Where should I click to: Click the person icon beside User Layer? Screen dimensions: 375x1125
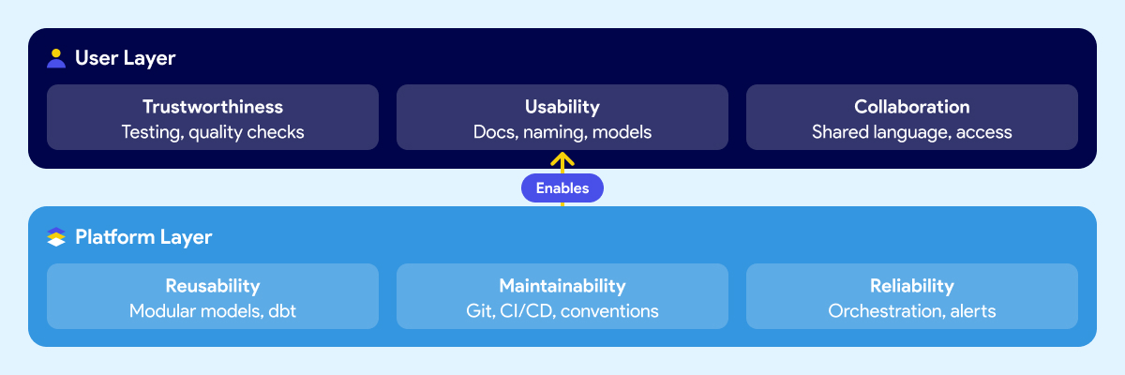[x=56, y=58]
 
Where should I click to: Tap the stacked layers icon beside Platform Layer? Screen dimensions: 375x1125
[x=56, y=237]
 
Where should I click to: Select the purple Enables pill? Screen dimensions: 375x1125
[x=562, y=188]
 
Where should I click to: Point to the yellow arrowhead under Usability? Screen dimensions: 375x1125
[x=562, y=159]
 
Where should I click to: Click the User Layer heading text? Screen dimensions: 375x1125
[x=125, y=58]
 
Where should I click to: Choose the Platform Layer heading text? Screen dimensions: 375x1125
[x=143, y=237]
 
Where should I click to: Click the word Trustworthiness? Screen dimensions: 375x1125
[x=213, y=107]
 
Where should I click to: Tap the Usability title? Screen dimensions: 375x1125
[x=562, y=107]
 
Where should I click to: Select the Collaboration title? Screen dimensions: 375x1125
[x=911, y=107]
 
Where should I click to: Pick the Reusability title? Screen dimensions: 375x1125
[x=213, y=286]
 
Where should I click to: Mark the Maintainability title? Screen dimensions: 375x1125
[x=562, y=286]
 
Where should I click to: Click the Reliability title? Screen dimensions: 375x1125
[x=911, y=286]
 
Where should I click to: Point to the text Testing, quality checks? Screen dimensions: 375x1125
[x=213, y=132]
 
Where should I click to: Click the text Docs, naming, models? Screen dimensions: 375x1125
[x=562, y=132]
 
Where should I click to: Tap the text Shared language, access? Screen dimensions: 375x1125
[x=911, y=132]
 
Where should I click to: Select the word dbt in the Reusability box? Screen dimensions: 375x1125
[x=281, y=311]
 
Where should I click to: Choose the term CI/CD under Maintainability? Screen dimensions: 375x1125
[x=526, y=311]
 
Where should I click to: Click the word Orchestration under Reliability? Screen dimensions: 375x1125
[x=880, y=311]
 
